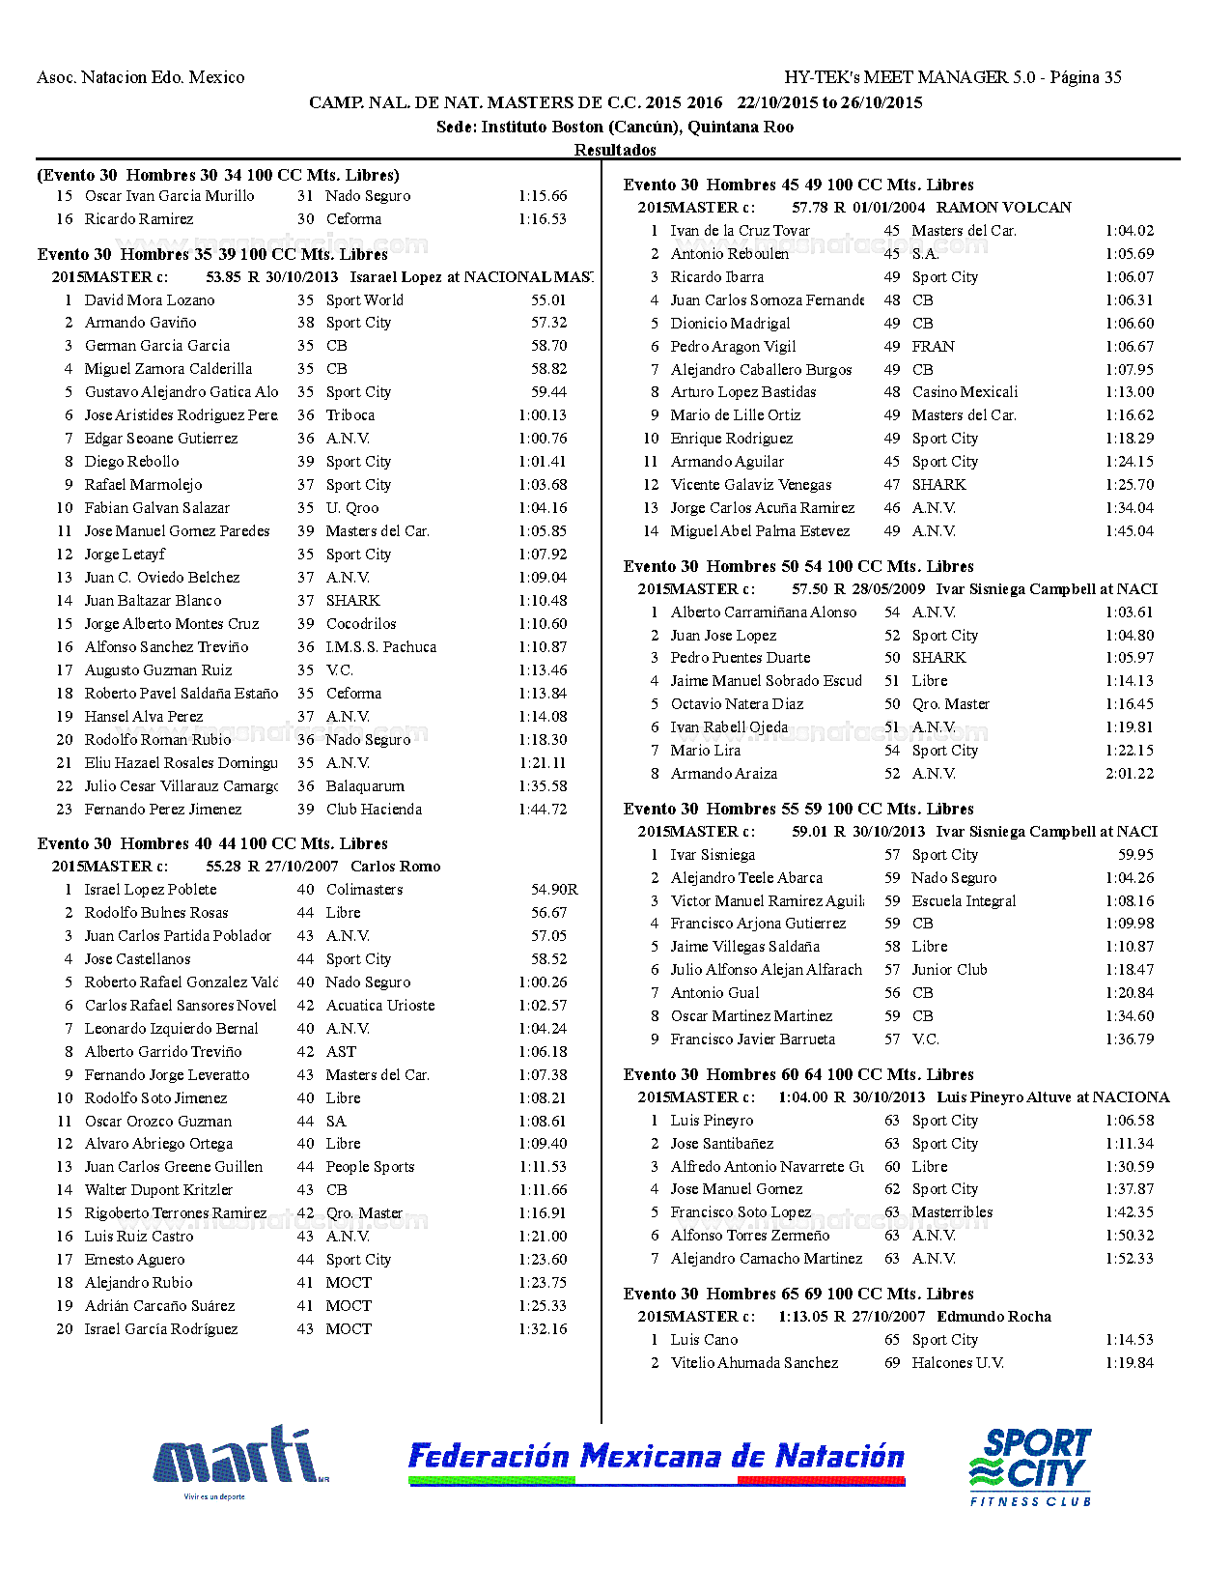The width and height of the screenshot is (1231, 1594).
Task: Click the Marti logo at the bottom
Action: [x=239, y=1459]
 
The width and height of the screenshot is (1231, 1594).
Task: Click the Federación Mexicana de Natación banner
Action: [x=657, y=1459]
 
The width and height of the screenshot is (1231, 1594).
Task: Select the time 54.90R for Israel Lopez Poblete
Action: [x=553, y=890]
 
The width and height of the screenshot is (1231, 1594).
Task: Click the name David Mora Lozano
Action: [x=150, y=300]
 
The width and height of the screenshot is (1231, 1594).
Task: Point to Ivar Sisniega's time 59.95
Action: [x=1135, y=855]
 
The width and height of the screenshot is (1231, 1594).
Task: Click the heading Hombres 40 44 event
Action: [x=212, y=843]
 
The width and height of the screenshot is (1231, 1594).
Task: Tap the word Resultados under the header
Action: [x=615, y=150]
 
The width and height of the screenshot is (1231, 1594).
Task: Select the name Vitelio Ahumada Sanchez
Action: [x=754, y=1363]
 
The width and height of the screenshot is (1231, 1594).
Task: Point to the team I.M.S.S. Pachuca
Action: [x=380, y=647]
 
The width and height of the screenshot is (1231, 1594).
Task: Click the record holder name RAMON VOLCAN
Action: [x=1003, y=208]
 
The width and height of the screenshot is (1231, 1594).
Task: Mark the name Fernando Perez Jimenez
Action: [x=163, y=810]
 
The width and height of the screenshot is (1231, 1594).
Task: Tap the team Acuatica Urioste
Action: [x=379, y=1006]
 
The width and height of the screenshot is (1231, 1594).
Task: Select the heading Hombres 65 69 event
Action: [x=798, y=1294]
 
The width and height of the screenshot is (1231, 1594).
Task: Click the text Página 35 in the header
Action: [x=1085, y=77]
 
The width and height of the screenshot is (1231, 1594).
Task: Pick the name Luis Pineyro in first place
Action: [x=712, y=1121]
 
